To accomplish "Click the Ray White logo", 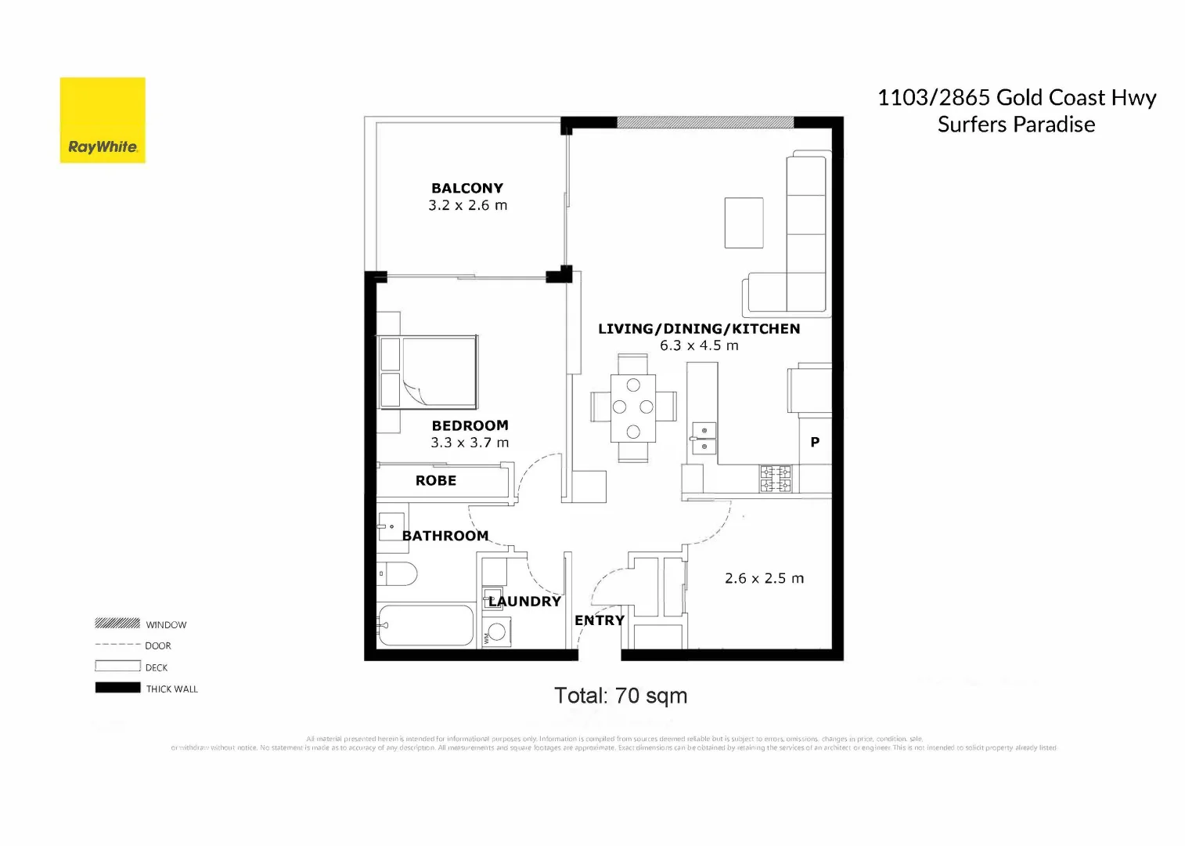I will [x=103, y=120].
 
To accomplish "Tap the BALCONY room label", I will [x=467, y=188].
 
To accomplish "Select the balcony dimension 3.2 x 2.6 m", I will [x=467, y=205].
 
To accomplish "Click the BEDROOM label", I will [x=470, y=425].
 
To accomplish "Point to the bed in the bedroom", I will [x=429, y=372].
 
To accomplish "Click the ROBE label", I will [x=435, y=480].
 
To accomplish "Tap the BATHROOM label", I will [x=445, y=536].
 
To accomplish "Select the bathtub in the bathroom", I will [x=426, y=625].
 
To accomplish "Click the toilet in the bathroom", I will [x=398, y=573].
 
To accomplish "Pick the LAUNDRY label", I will [x=524, y=601].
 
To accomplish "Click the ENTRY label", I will [x=600, y=620].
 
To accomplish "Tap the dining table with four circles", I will [x=633, y=407].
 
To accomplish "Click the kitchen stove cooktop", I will [x=775, y=479].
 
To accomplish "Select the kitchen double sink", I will [x=704, y=439].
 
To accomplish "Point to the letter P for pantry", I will [x=815, y=442].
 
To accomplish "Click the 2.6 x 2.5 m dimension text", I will [x=764, y=578].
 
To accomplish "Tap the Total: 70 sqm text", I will [x=621, y=696].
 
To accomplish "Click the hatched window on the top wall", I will [x=705, y=122].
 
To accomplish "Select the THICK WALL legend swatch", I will [x=117, y=688].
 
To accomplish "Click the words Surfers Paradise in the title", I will [x=1016, y=125].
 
